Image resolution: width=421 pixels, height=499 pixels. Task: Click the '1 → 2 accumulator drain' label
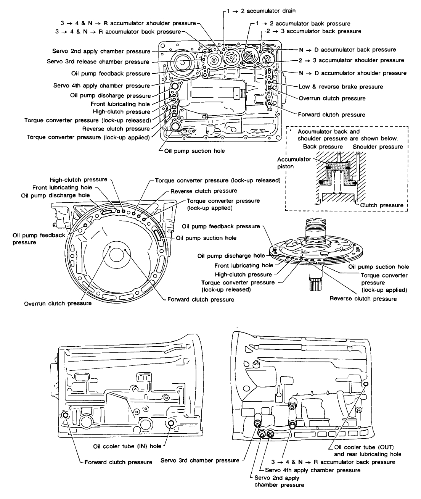coord(261,11)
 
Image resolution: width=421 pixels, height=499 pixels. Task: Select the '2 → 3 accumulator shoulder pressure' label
coord(351,60)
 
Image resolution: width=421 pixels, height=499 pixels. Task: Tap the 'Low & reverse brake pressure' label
coord(341,87)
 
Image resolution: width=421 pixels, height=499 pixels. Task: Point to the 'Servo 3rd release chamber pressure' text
coord(98,62)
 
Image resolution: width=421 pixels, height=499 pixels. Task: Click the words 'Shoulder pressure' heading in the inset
coord(378,147)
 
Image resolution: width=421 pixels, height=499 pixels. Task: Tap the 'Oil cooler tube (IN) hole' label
coord(127,446)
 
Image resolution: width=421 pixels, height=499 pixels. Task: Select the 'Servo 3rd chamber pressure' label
coord(200,460)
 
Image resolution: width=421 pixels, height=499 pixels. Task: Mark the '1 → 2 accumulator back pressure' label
coord(303,24)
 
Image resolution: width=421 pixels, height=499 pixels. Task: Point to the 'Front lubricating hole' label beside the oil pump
coord(244,265)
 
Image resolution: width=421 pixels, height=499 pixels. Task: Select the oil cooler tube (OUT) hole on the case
coord(366,384)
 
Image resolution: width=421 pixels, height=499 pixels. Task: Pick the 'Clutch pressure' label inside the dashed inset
coord(382,205)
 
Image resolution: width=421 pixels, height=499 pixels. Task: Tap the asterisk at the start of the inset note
coord(291,131)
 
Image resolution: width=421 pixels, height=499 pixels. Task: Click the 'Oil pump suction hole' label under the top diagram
coord(194,151)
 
